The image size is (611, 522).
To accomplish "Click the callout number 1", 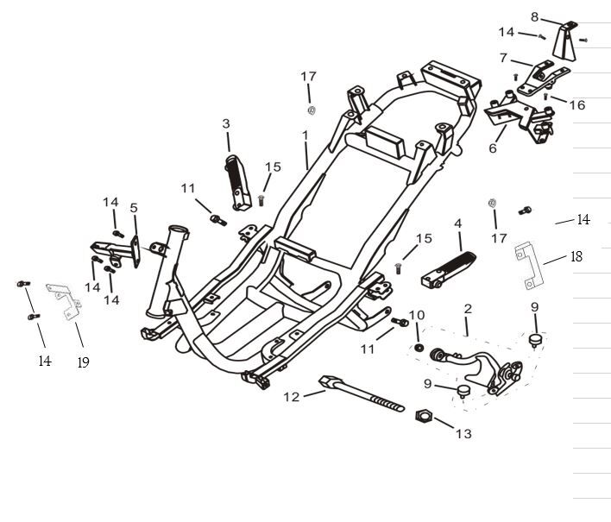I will pyautogui.click(x=305, y=136).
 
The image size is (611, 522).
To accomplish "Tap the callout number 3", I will pyautogui.click(x=226, y=124).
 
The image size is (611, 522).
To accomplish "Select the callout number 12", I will pyautogui.click(x=292, y=396).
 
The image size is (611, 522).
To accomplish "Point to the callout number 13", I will pyautogui.click(x=463, y=434).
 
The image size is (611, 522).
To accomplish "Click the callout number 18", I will pyautogui.click(x=576, y=256).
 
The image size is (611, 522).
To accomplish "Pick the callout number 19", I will pyautogui.click(x=83, y=363).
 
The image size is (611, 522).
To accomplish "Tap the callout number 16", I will pyautogui.click(x=576, y=105).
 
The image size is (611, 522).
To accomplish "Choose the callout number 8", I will pyautogui.click(x=534, y=16).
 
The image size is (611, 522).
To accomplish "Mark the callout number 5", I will pyautogui.click(x=134, y=208).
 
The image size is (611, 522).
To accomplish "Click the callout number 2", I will pyautogui.click(x=468, y=308).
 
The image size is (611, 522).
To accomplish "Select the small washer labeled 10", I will pyautogui.click(x=418, y=347).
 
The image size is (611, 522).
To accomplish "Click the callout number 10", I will pyautogui.click(x=416, y=314).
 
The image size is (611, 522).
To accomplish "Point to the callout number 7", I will pyautogui.click(x=503, y=59).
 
